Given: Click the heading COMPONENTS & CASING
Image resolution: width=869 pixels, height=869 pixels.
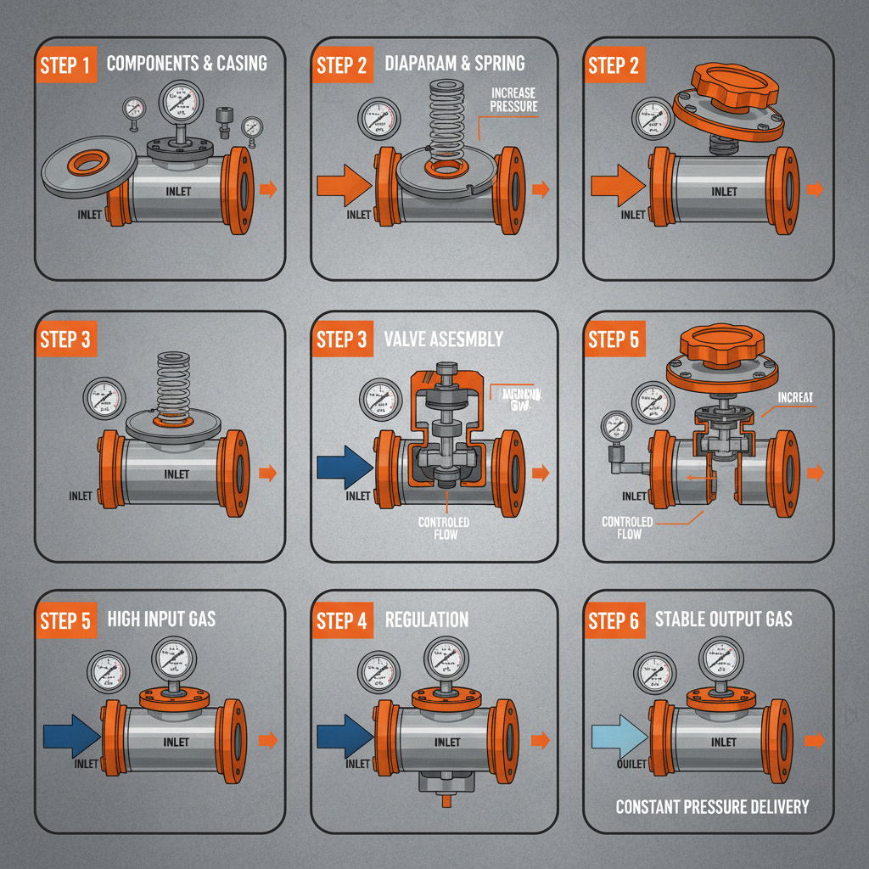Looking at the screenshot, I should [x=187, y=63].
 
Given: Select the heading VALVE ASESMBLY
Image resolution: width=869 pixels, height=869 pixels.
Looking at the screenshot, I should [x=444, y=339].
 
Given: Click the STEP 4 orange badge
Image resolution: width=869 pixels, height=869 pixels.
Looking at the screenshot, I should [x=342, y=620].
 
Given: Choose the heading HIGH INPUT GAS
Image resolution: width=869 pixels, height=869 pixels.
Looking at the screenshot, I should [x=161, y=618].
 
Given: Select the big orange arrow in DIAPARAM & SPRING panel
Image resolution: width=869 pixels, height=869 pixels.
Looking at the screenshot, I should [x=343, y=186].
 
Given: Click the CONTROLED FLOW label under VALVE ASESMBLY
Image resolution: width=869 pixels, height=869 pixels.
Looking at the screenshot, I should [x=444, y=528].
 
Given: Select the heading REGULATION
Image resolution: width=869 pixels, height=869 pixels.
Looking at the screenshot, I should [x=427, y=619].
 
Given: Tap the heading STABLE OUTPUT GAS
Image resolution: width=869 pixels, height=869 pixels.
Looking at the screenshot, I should [x=723, y=618].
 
